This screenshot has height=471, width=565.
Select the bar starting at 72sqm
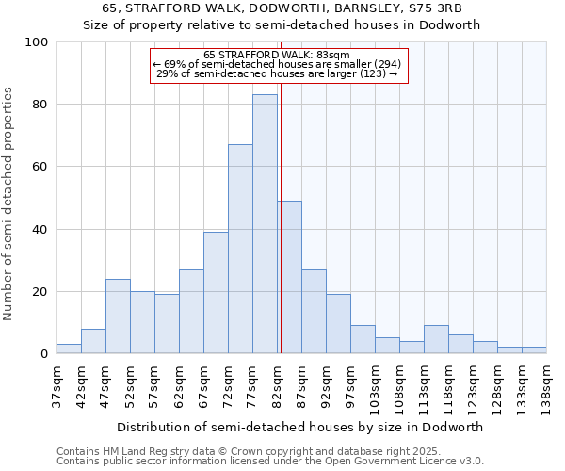click(240, 250)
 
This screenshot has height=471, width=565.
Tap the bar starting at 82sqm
click(289, 278)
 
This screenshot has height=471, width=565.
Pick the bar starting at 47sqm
click(118, 317)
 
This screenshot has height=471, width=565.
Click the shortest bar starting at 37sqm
click(69, 349)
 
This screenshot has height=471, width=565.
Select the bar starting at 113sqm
click(436, 340)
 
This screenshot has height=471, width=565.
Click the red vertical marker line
click(281, 235)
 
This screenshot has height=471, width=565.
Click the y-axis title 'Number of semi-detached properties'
click(8, 203)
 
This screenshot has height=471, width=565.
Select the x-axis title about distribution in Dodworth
click(300, 427)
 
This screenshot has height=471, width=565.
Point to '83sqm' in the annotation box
click(333, 55)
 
